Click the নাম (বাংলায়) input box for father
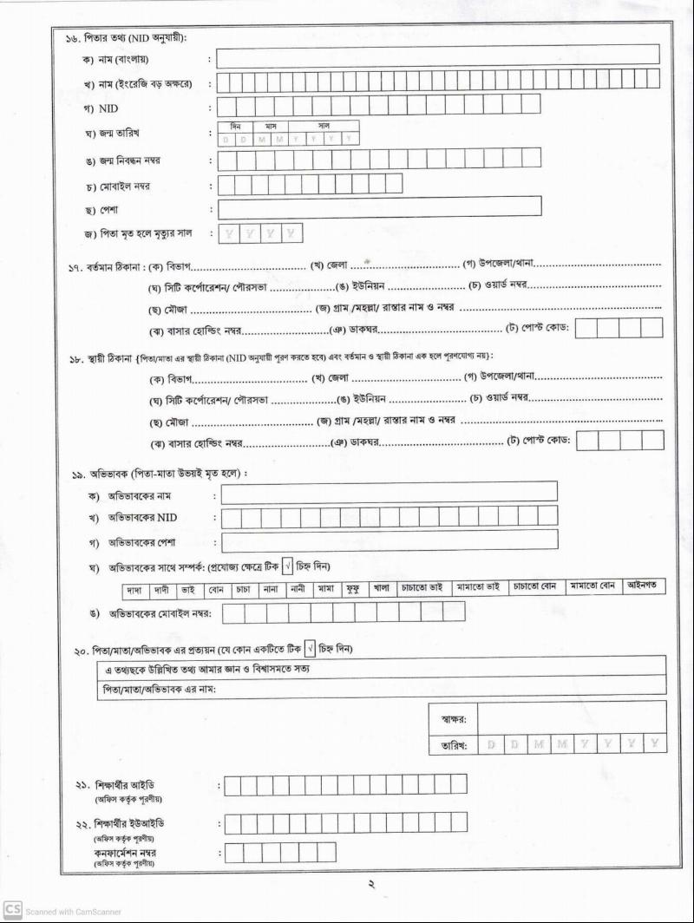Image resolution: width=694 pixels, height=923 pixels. [x=437, y=57]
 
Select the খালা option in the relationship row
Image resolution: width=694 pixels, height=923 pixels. [x=382, y=587]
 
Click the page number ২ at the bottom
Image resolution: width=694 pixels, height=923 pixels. [x=369, y=885]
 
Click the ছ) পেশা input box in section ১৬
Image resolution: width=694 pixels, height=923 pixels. [x=379, y=207]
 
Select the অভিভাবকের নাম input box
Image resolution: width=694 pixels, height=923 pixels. [x=389, y=493]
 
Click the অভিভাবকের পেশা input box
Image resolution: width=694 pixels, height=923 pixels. [x=389, y=540]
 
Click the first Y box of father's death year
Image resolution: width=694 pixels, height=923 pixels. [x=228, y=233]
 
